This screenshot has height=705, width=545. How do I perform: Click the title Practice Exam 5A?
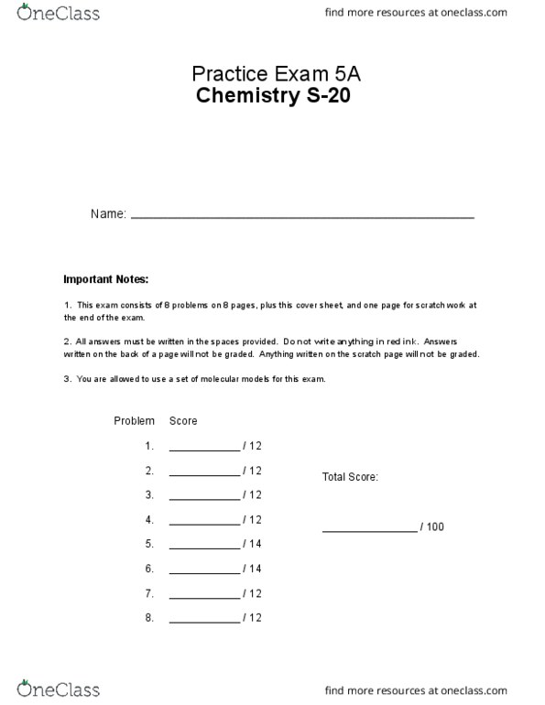(272, 74)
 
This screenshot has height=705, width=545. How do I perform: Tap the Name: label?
(108, 214)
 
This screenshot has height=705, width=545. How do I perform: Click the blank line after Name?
(302, 216)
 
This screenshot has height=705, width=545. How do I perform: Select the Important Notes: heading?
(105, 279)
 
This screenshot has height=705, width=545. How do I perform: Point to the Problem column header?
(135, 421)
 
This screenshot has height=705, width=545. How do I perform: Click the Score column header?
(183, 421)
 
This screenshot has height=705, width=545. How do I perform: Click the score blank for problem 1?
(203, 450)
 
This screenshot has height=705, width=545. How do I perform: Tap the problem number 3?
(148, 495)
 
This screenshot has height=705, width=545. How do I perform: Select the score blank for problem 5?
(203, 548)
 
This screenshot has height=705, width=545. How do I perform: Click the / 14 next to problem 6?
(253, 569)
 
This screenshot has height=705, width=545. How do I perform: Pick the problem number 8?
(148, 618)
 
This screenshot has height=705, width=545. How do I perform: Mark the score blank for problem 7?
(203, 597)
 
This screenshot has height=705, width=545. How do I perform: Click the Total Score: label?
(350, 477)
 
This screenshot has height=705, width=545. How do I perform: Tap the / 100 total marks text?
(432, 527)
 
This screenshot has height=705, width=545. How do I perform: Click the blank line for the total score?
(368, 530)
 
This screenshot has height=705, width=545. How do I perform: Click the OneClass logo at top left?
(58, 14)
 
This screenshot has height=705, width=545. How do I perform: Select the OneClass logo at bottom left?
(58, 689)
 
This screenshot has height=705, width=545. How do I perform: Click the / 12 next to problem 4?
(253, 520)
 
